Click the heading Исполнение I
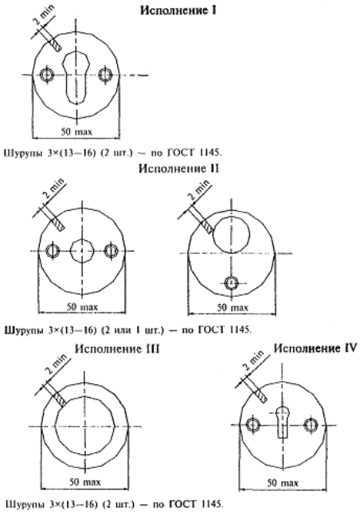pos(178,10)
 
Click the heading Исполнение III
pos(117,349)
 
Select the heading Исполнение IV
pos(315,349)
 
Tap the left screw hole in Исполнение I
pos(47,75)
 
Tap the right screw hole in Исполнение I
pos(106,74)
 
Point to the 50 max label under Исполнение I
pos(76,131)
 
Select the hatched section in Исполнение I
pos(55,44)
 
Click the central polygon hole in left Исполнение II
pos(82,251)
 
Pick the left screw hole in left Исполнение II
pos(52,251)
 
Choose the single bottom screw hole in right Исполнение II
pos(231,283)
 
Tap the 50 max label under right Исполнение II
pos(233,308)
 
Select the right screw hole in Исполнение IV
pos(311,425)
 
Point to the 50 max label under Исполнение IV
pos(283,483)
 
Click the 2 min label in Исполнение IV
pos(253,361)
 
